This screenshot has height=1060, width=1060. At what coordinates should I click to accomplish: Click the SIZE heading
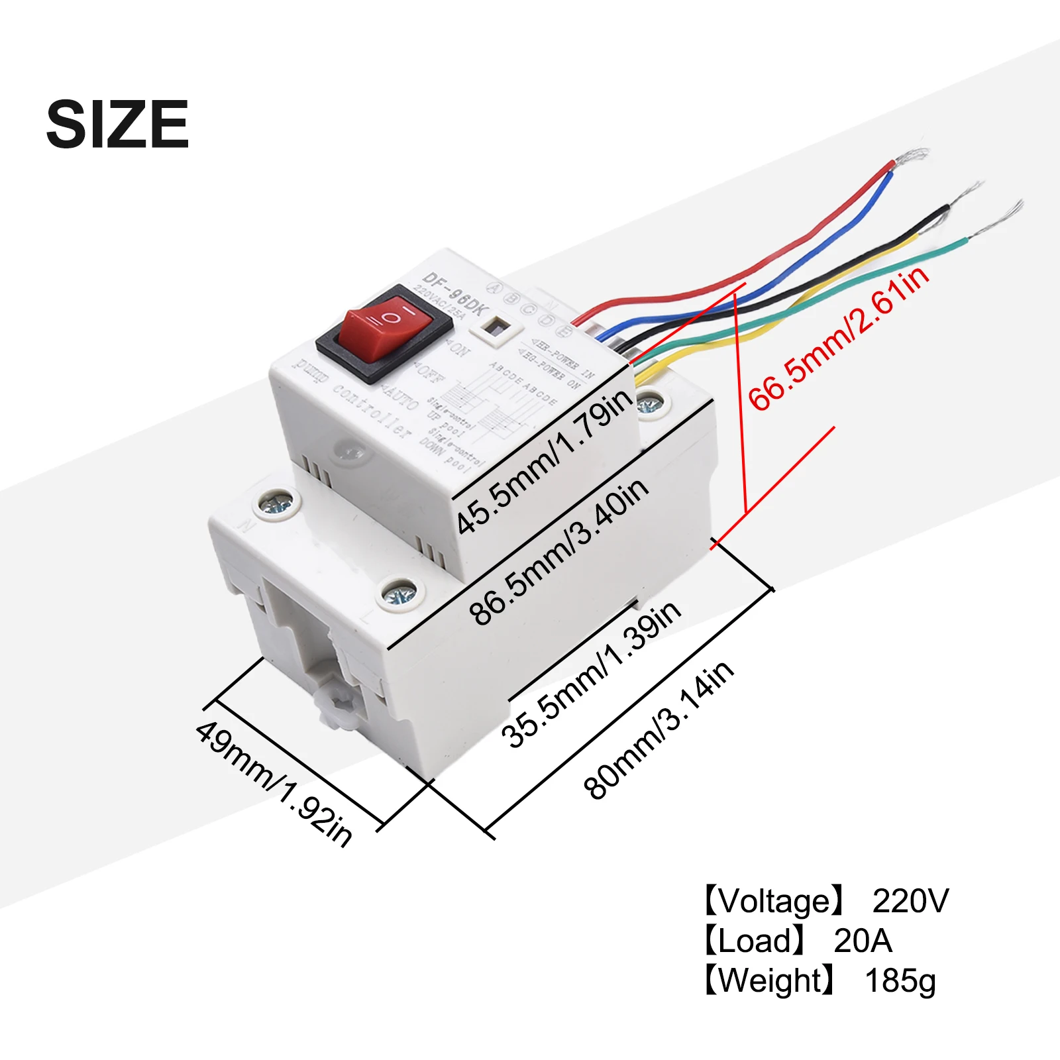point(118,124)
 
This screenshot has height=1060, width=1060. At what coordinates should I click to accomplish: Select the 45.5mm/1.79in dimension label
point(545,462)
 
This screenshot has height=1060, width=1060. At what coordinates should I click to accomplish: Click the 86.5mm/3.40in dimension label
point(558,552)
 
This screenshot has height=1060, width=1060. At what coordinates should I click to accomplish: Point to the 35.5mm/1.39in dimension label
point(590,674)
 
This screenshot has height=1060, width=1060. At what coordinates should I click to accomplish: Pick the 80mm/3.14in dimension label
point(659,729)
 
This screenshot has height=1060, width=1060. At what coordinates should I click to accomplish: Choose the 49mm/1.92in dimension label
point(274,783)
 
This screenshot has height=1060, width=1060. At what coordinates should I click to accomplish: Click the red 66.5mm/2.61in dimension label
point(839,339)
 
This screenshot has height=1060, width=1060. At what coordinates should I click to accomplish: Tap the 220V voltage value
point(910,901)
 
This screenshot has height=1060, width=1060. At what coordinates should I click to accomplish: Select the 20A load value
point(863,941)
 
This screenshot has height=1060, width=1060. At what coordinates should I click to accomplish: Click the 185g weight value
point(900,981)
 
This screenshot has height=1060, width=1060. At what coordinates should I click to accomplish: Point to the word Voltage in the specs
point(773,901)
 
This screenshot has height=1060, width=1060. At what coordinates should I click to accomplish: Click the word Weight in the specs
point(770,980)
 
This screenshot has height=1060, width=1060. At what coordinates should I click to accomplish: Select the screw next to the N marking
point(278,503)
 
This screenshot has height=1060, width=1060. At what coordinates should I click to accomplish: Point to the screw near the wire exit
point(650,403)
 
